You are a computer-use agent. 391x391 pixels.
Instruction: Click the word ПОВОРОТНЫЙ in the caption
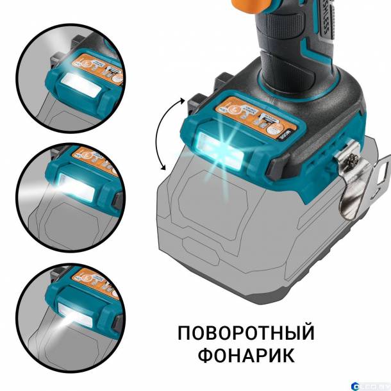[x=246, y=333]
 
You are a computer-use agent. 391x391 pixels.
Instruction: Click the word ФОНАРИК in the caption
[x=246, y=354]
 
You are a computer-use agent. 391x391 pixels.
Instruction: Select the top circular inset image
[x=64, y=77]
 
